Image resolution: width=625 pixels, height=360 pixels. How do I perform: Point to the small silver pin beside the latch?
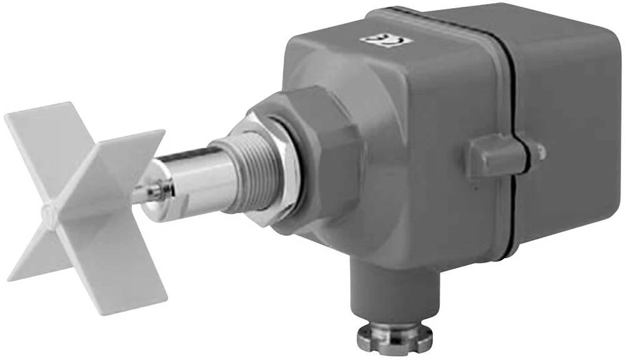(x=539, y=151)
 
